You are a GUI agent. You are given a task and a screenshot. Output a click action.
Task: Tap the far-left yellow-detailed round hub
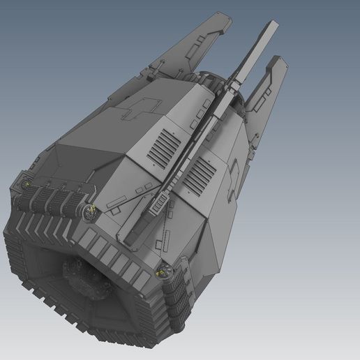tap(27, 183)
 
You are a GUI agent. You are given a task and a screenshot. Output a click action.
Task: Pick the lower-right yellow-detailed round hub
tap(163, 271)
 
